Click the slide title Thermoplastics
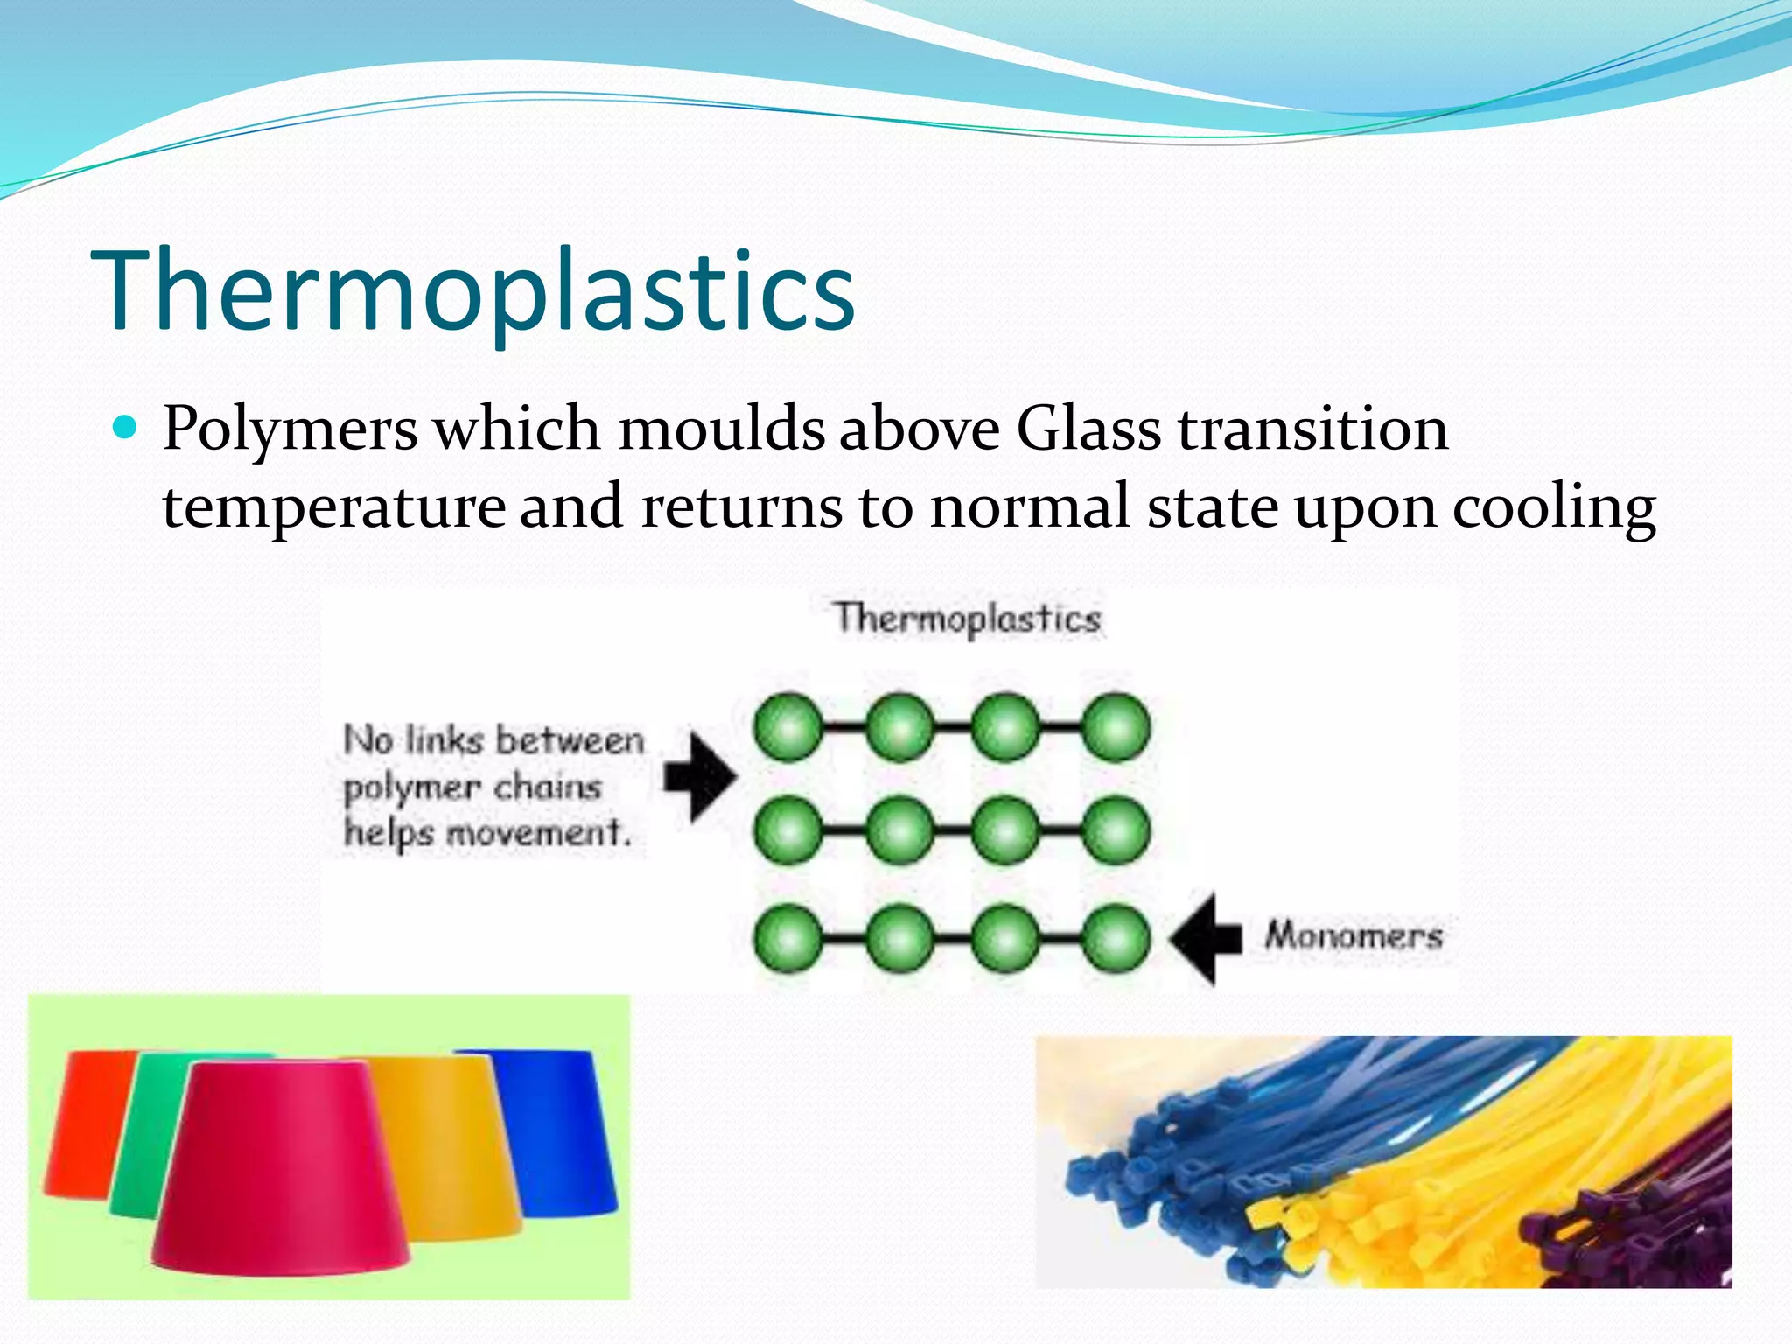click(472, 291)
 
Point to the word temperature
click(333, 507)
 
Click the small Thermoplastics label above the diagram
click(966, 619)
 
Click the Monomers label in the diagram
click(1353, 935)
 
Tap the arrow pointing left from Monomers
click(1206, 938)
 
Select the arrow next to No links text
click(699, 776)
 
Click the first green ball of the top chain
click(787, 727)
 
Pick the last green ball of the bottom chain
click(1116, 938)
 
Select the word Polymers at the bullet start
click(290, 430)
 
